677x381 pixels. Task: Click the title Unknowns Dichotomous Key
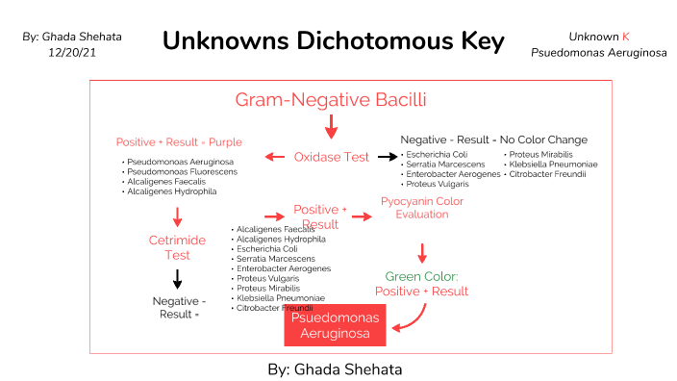[x=334, y=41]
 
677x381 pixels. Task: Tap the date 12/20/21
[x=70, y=52]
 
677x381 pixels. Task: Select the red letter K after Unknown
[x=626, y=36]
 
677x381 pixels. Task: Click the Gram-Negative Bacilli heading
[x=331, y=99]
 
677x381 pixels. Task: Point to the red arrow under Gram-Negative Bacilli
[x=331, y=126]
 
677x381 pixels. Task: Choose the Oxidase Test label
[x=331, y=157]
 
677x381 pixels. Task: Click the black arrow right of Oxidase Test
[x=387, y=157]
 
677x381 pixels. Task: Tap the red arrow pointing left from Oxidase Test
[x=275, y=157]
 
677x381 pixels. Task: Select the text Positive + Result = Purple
[x=179, y=141]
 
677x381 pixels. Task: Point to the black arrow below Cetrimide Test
[x=177, y=279]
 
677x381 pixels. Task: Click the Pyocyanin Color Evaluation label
[x=421, y=208]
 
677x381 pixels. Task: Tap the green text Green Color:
[x=421, y=277]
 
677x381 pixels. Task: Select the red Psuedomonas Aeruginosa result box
[x=335, y=326]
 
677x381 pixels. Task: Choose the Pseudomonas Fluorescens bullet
[x=179, y=171]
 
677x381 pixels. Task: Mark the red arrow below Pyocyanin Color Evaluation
[x=421, y=252]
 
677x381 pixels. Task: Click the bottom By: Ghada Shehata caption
[x=334, y=368]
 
